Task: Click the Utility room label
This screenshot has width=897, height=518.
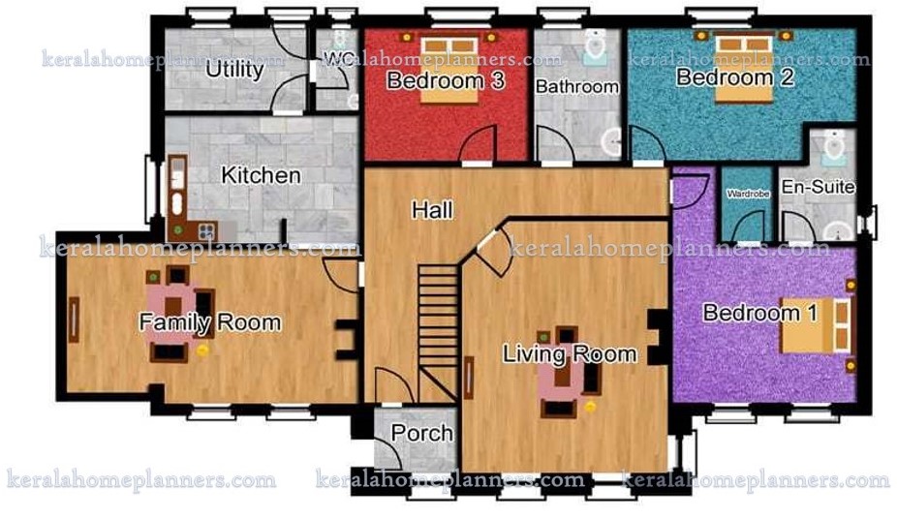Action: point(234,71)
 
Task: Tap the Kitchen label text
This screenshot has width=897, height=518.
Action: point(261,176)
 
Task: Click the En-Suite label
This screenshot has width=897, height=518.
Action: point(818,187)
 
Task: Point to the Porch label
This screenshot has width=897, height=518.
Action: point(422,433)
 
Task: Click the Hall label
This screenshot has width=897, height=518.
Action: point(431,209)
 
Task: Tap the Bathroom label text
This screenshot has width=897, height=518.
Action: point(577,86)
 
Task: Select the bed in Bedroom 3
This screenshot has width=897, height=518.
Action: point(448,68)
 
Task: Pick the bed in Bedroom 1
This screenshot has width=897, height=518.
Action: point(817,324)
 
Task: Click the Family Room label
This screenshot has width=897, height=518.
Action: point(210,322)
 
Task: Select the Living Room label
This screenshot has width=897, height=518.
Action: point(570,353)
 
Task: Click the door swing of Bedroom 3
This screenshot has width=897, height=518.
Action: point(479,145)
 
